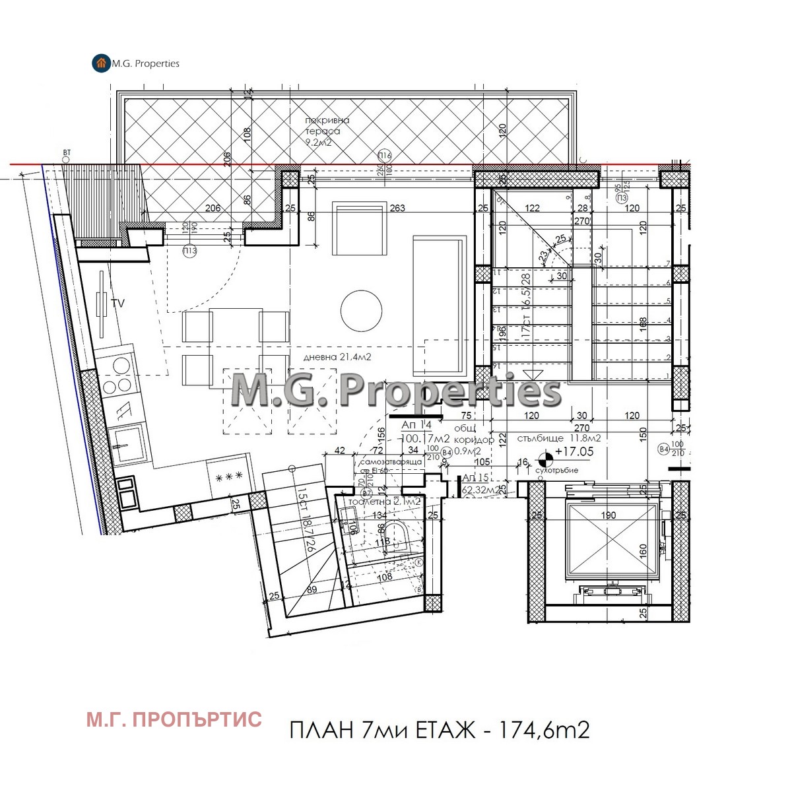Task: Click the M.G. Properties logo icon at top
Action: point(101,63)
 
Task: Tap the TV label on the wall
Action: point(119,304)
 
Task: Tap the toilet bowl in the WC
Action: point(398,535)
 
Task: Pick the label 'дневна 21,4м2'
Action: point(337,357)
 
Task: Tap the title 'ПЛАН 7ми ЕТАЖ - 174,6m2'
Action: point(439,730)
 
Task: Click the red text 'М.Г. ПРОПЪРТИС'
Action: point(174,719)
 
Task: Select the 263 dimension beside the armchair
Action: point(397,209)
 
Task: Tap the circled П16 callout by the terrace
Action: point(385,156)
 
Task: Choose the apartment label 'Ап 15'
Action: point(475,477)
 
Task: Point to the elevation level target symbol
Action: point(545,456)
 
